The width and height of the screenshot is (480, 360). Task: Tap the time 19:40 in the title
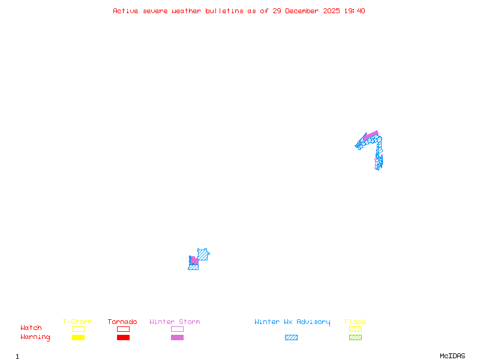(x=354, y=11)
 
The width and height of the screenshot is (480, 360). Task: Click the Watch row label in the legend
(x=31, y=328)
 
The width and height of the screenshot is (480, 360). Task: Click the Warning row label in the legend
(x=35, y=337)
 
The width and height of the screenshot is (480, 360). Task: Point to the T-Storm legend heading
(x=77, y=322)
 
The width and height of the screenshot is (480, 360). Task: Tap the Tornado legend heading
(x=122, y=322)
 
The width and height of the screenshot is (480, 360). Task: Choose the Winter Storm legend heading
(x=175, y=322)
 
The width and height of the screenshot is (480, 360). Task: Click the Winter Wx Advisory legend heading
(x=292, y=322)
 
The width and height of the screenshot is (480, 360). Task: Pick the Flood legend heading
(x=355, y=322)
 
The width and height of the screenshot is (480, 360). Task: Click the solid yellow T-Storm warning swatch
(x=78, y=337)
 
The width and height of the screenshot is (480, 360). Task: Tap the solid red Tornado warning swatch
(x=123, y=337)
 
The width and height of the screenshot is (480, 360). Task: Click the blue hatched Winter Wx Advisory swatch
(x=291, y=337)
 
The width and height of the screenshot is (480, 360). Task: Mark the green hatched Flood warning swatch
(x=355, y=337)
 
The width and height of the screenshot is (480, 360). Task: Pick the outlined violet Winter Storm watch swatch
(x=177, y=329)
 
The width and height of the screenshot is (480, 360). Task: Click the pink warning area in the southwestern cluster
(x=194, y=261)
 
